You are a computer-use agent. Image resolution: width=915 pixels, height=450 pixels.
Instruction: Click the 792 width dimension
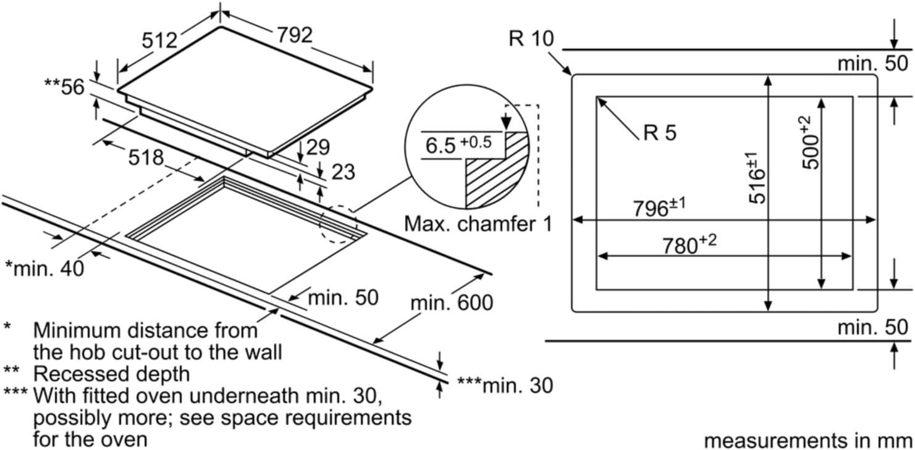coord(295,35)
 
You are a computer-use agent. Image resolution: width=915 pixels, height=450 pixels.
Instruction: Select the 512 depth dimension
coord(160,40)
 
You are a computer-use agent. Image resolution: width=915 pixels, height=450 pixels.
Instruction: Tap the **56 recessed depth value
coord(64,87)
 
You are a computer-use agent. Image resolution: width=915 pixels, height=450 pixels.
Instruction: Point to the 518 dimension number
coord(146,157)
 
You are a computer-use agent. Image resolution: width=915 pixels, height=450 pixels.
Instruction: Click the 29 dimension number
coord(318,148)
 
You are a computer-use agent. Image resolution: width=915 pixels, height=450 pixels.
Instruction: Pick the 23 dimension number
coord(343,172)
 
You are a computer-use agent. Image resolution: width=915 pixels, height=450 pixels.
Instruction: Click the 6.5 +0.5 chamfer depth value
coord(458,144)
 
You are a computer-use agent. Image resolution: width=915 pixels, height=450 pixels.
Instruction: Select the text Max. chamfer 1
coord(478,224)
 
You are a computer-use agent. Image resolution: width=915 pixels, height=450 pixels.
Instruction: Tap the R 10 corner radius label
coord(531,39)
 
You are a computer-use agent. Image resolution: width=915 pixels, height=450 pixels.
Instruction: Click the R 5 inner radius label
coord(660,133)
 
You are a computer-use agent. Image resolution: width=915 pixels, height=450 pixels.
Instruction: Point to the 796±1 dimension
coord(659,207)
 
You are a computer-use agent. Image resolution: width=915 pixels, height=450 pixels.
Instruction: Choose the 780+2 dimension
coord(689,244)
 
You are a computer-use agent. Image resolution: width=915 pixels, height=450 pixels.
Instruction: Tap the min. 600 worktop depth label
coord(452,303)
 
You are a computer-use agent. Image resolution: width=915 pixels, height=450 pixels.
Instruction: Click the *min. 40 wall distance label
coord(44,269)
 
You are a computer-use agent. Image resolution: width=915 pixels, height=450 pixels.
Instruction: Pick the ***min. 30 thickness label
coord(505,385)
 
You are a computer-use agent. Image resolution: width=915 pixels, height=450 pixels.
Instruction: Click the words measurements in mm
coord(808,441)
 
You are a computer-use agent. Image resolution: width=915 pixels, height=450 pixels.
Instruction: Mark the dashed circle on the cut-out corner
coord(338,225)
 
